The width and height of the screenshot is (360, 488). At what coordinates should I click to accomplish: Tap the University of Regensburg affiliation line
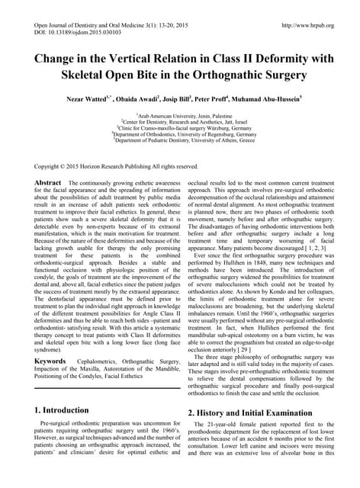pos(181,133)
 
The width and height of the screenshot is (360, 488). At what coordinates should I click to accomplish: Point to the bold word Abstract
pos(50,184)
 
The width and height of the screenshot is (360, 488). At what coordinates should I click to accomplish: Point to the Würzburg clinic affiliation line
pos(181,127)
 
